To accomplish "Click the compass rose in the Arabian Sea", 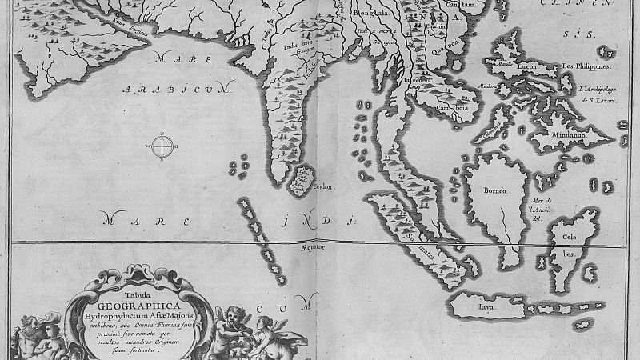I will click(162, 146).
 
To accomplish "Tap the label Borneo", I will click(496, 192).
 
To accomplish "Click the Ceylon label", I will click(324, 186).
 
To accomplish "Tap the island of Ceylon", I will click(302, 180).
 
